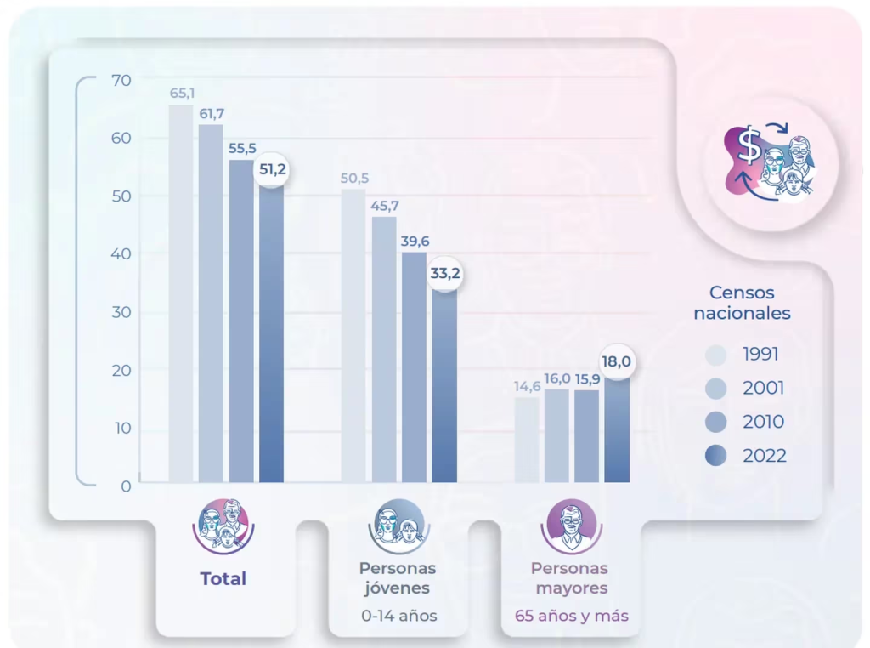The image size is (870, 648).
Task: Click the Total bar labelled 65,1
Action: [x=181, y=293]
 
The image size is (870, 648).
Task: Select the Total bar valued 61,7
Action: [x=211, y=304]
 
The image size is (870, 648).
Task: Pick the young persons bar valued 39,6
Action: [x=414, y=367]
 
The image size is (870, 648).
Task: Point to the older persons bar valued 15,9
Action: [x=587, y=436]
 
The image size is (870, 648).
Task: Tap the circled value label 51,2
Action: [x=272, y=170]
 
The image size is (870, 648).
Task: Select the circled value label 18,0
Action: [x=617, y=361]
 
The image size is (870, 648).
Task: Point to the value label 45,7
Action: [x=385, y=206]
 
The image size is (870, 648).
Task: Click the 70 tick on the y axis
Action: [x=121, y=81]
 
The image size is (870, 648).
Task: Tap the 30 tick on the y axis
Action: [x=121, y=312]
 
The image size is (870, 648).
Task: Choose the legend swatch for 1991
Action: [x=716, y=355]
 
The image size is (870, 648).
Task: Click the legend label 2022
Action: [x=765, y=456]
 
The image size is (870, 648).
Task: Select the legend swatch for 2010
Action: [x=716, y=422]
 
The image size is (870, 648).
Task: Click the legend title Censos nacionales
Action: [x=742, y=303]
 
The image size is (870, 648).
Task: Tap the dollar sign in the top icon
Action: [x=749, y=146]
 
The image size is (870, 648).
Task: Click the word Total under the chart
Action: [x=223, y=579]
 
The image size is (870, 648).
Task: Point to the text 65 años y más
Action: [x=571, y=616]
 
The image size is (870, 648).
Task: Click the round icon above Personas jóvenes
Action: [x=397, y=526]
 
